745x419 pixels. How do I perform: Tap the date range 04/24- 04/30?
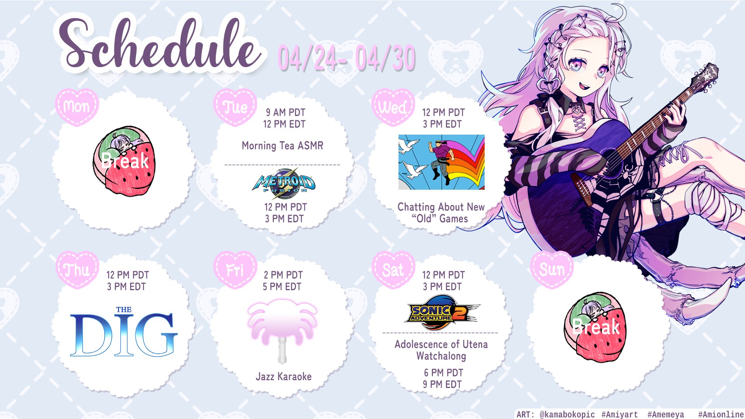pos(347,58)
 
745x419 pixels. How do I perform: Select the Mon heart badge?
pos(77,107)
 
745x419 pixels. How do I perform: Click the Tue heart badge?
pos(235,107)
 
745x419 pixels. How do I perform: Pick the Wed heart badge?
pos(393,107)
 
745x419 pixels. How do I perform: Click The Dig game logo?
pos(123,332)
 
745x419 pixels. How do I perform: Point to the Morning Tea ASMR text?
pos(282,145)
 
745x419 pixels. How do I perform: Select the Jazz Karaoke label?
pos(284,376)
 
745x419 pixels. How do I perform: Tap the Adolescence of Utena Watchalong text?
pos(441,350)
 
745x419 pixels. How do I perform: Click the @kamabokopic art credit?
pos(567,414)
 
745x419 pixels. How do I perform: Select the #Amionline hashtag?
pos(721,414)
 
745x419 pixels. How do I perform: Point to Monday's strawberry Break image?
pos(124,161)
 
